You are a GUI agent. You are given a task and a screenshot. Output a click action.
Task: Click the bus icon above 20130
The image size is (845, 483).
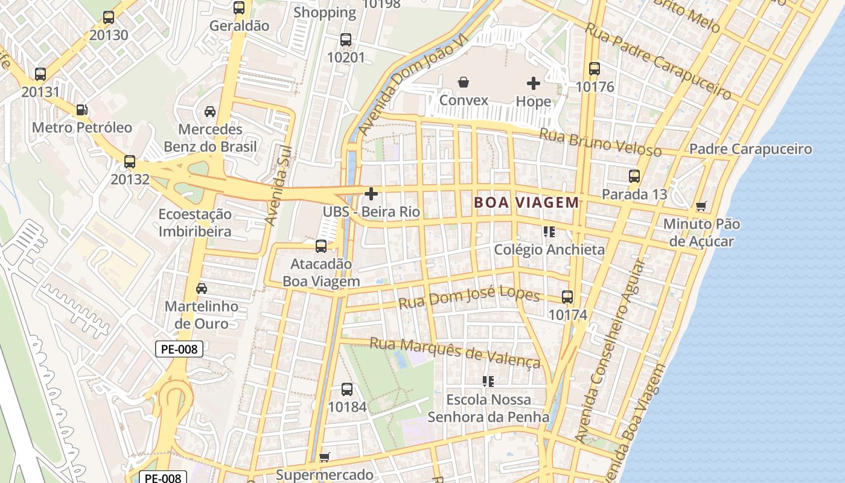point(109,18)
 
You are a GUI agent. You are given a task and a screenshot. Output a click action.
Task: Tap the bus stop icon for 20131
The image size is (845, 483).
point(40,74)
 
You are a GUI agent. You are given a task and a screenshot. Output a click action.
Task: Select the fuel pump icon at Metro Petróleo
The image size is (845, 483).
point(81,110)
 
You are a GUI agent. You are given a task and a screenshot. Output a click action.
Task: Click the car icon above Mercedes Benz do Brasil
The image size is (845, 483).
point(210,112)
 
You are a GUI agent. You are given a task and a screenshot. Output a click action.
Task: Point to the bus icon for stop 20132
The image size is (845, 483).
point(130,162)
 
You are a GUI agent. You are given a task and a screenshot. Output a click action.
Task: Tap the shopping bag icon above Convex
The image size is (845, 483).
point(464,82)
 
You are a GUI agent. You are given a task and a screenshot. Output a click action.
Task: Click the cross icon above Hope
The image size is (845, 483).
point(534,83)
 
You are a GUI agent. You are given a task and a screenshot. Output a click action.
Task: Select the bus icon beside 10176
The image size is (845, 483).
point(595,69)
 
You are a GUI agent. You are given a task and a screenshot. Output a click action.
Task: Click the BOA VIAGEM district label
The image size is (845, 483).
point(527,203)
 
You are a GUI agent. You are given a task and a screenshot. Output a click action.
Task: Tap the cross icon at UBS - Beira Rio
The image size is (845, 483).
point(371,194)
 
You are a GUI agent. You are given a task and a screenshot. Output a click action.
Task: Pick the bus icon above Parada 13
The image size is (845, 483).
point(634,176)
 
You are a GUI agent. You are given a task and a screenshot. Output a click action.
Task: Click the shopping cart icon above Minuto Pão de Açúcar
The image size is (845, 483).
point(701,206)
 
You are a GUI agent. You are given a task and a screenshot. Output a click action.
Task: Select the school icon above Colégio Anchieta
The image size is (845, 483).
point(549,232)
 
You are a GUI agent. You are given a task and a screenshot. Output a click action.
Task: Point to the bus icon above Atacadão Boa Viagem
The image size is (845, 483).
point(321,246)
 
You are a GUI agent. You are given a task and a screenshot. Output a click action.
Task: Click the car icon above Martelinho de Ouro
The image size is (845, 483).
point(202,289)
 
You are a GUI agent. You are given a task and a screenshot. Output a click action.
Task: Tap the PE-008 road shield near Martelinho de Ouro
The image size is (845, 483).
point(179,349)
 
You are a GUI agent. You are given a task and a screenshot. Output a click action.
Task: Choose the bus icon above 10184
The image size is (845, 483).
point(346,389)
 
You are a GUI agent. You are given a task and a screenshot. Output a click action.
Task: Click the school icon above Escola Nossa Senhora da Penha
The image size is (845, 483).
point(488,382)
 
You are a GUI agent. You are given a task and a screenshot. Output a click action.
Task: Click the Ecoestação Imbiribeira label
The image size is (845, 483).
point(195,223)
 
